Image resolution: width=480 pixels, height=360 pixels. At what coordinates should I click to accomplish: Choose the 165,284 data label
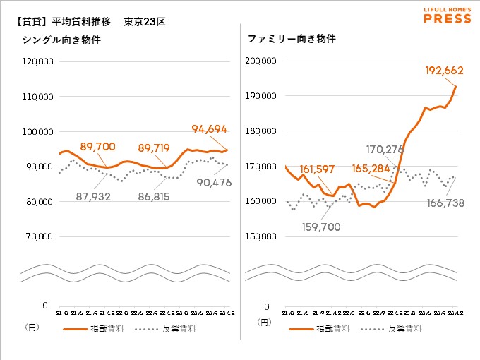(376, 169)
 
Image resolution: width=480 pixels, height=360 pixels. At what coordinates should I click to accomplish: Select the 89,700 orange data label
(97, 146)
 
